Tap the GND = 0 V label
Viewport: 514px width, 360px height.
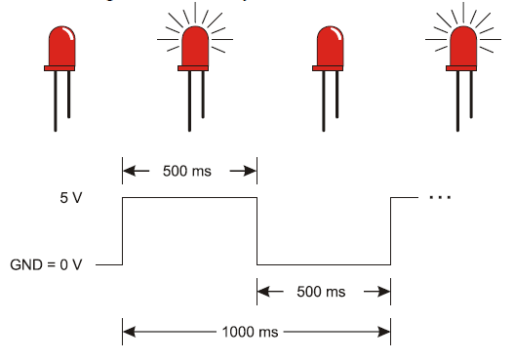[x=53, y=264]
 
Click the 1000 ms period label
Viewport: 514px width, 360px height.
[x=256, y=332]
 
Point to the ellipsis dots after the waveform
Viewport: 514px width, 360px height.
[x=440, y=196]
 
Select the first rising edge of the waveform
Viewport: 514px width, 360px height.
[x=123, y=230]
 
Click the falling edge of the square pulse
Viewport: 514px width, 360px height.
[x=257, y=230]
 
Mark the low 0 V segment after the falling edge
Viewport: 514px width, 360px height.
[x=324, y=264]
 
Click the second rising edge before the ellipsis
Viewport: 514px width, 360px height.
[x=391, y=230]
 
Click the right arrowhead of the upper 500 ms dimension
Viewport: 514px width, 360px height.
[x=251, y=171]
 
